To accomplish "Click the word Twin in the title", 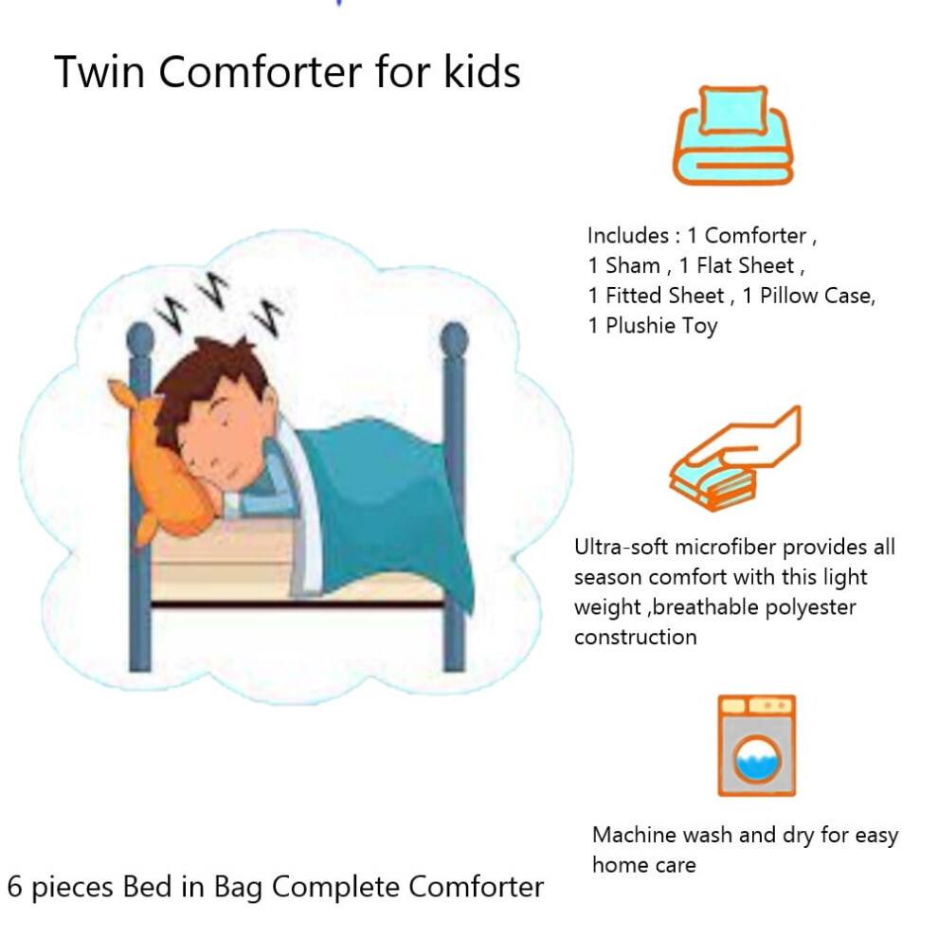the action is pyautogui.click(x=99, y=72).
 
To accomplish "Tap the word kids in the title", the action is pyautogui.click(x=481, y=72).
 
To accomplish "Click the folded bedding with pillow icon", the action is pyautogui.click(x=733, y=135).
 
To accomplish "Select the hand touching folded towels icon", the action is pyautogui.click(x=735, y=459).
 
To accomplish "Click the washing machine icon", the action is pyautogui.click(x=757, y=746).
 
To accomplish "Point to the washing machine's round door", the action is pyautogui.click(x=757, y=760).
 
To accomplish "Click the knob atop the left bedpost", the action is pyautogui.click(x=140, y=339).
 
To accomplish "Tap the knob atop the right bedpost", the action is pyautogui.click(x=454, y=339).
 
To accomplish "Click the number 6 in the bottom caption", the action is pyautogui.click(x=15, y=887).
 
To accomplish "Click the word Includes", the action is pyautogui.click(x=628, y=236).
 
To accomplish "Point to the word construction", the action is pyautogui.click(x=636, y=638).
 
